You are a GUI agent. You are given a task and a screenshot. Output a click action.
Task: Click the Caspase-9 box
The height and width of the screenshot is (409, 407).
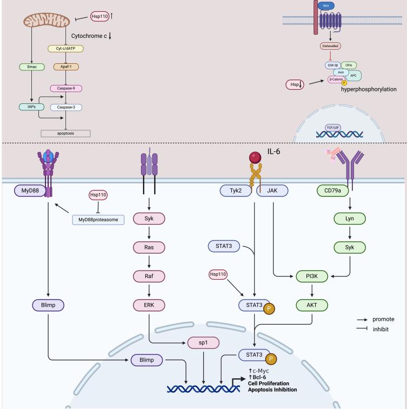(65, 88)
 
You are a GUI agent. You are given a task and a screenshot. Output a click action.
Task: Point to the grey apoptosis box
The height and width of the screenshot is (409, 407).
(65, 133)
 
